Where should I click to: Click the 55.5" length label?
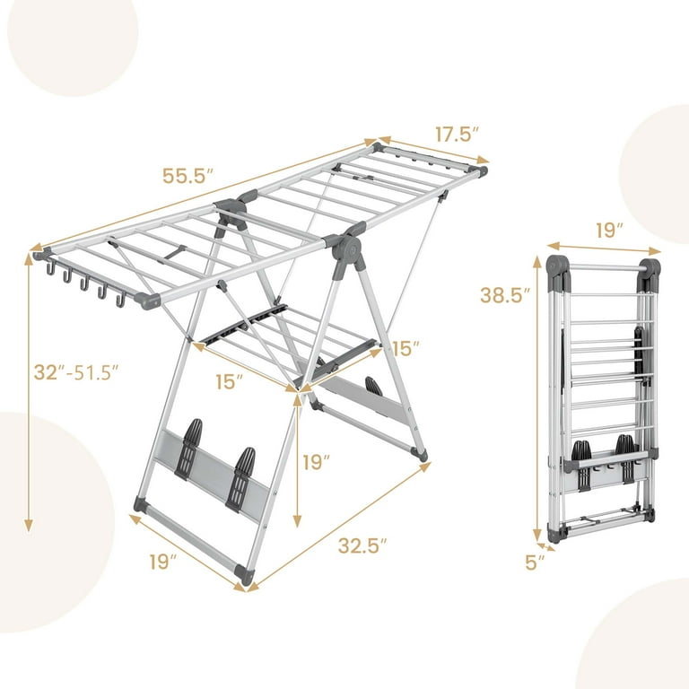pyautogui.click(x=188, y=176)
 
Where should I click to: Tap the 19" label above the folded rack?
pyautogui.click(x=608, y=230)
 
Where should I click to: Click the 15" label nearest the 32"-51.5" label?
pyautogui.click(x=230, y=381)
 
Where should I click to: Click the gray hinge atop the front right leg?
pyautogui.click(x=349, y=252)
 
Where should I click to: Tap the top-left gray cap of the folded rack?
pyautogui.click(x=556, y=266)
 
